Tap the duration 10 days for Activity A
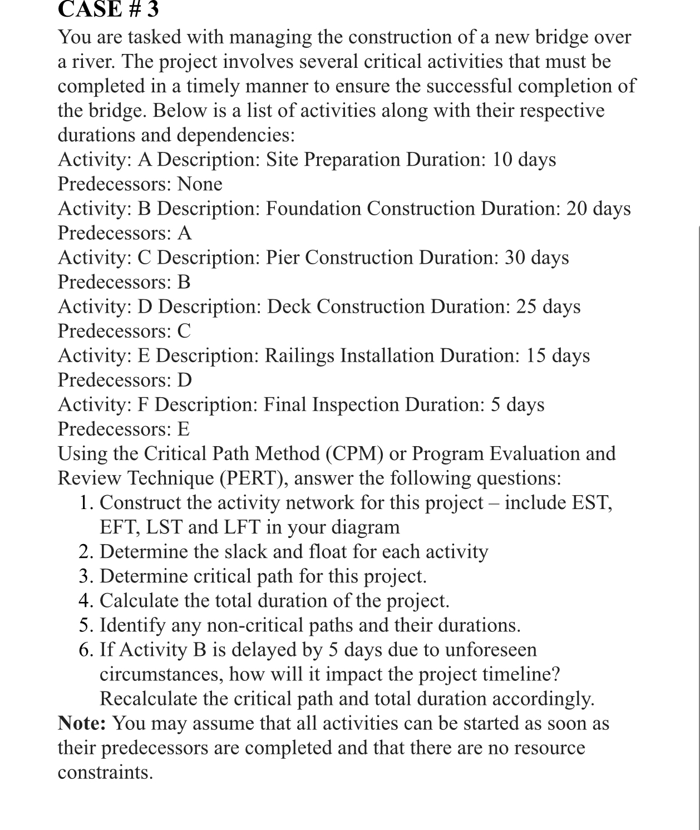(x=524, y=160)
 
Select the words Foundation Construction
(x=370, y=209)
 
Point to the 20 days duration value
(x=598, y=209)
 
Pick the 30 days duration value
(x=536, y=258)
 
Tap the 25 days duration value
(x=548, y=307)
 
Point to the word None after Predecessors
(x=200, y=184)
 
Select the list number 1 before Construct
(x=85, y=503)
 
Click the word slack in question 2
(x=215, y=552)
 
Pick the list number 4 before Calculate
(x=85, y=601)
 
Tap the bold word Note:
(x=82, y=723)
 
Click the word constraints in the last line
(x=105, y=772)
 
